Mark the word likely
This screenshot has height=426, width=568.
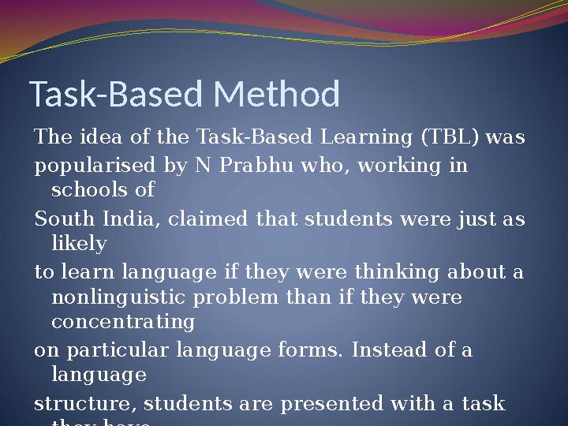78,244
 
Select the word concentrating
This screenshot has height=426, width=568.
122,322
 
